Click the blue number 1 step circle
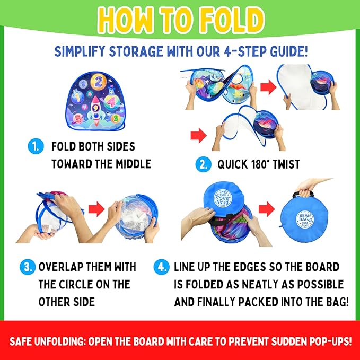tap(36, 146)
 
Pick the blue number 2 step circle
tap(203, 164)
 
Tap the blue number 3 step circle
tap(28, 267)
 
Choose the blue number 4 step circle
tap(161, 267)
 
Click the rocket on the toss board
tap(96, 110)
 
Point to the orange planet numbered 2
tap(98, 82)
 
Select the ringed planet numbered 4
tap(111, 102)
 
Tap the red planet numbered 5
tap(78, 118)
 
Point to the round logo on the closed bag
tap(305, 220)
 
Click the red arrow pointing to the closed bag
tap(267, 209)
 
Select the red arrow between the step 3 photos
tap(96, 209)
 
